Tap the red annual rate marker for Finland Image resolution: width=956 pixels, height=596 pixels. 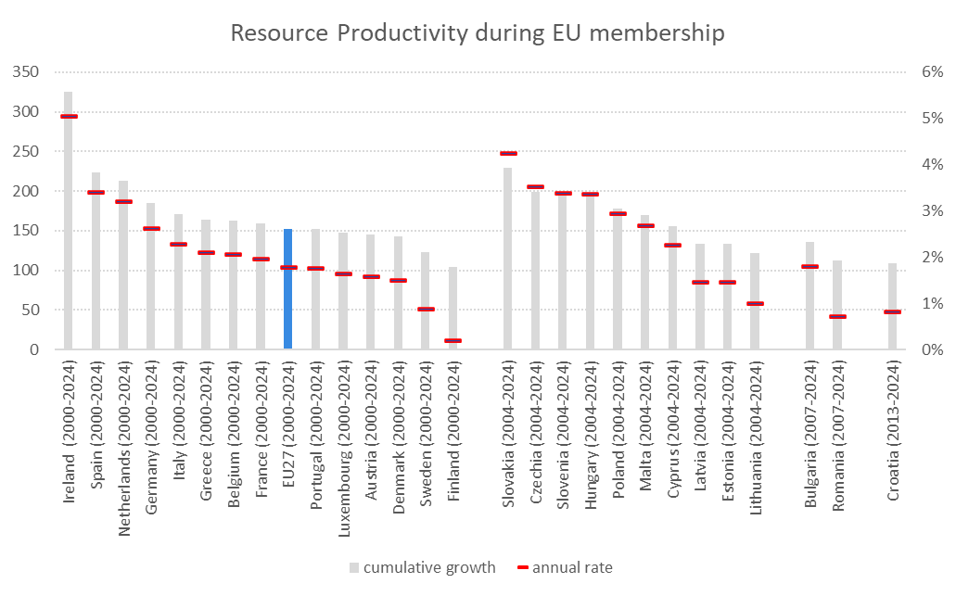(x=453, y=341)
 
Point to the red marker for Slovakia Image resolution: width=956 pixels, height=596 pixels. (x=508, y=154)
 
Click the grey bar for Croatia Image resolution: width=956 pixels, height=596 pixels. (x=893, y=306)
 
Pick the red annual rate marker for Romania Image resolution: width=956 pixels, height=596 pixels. (x=838, y=317)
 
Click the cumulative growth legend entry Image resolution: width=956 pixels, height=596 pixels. (x=423, y=567)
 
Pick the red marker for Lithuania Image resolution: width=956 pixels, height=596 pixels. (x=756, y=304)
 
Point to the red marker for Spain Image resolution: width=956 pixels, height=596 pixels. (x=96, y=193)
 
